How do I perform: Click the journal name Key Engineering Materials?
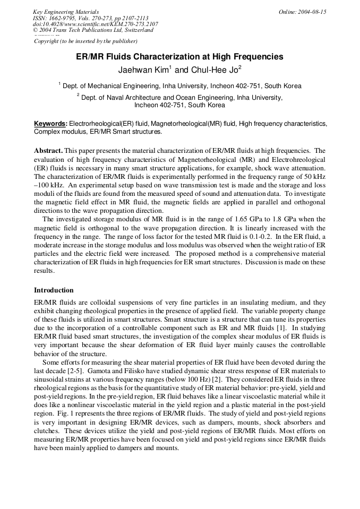66,12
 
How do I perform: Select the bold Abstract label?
48,151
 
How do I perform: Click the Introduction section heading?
54,290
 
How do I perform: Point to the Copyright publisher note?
85,41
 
